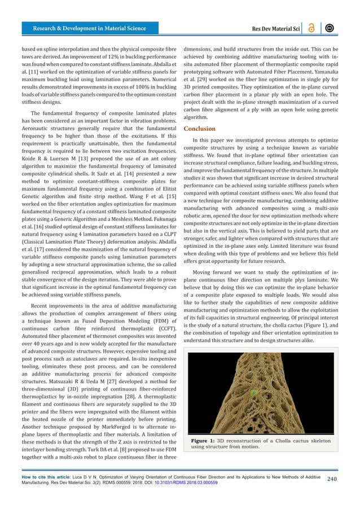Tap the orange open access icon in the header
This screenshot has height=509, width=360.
(x=311, y=28)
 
